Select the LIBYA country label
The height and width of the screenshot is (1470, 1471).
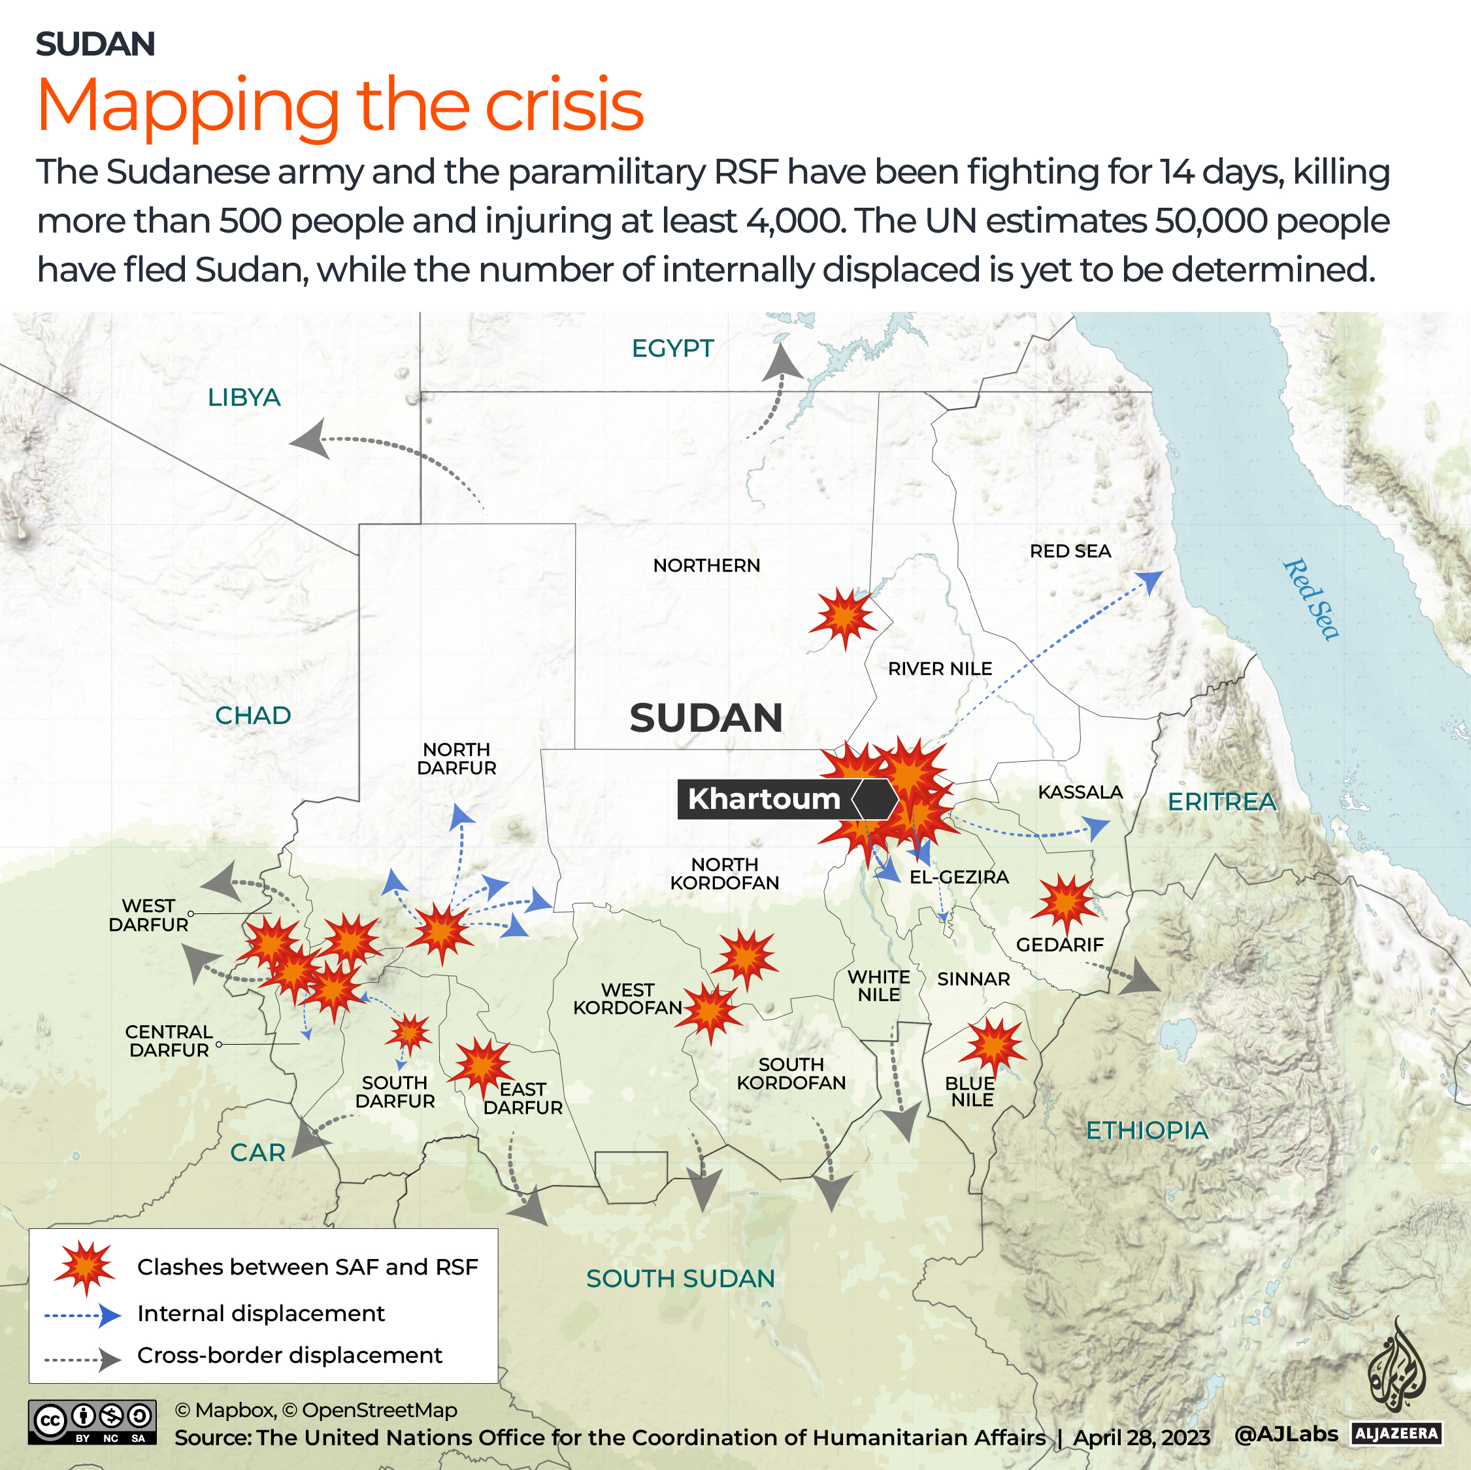coord(244,397)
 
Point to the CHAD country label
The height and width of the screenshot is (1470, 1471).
coord(253,715)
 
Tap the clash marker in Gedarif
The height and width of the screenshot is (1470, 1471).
coord(1065,902)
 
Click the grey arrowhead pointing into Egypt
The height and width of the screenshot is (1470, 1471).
coord(782,363)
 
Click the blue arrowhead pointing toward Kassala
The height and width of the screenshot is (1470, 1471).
coord(1097,826)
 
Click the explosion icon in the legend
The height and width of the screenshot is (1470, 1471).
coord(85,1267)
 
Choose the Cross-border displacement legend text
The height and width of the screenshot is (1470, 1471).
coord(289,1355)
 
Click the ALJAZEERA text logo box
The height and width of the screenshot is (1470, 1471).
coord(1397,1433)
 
